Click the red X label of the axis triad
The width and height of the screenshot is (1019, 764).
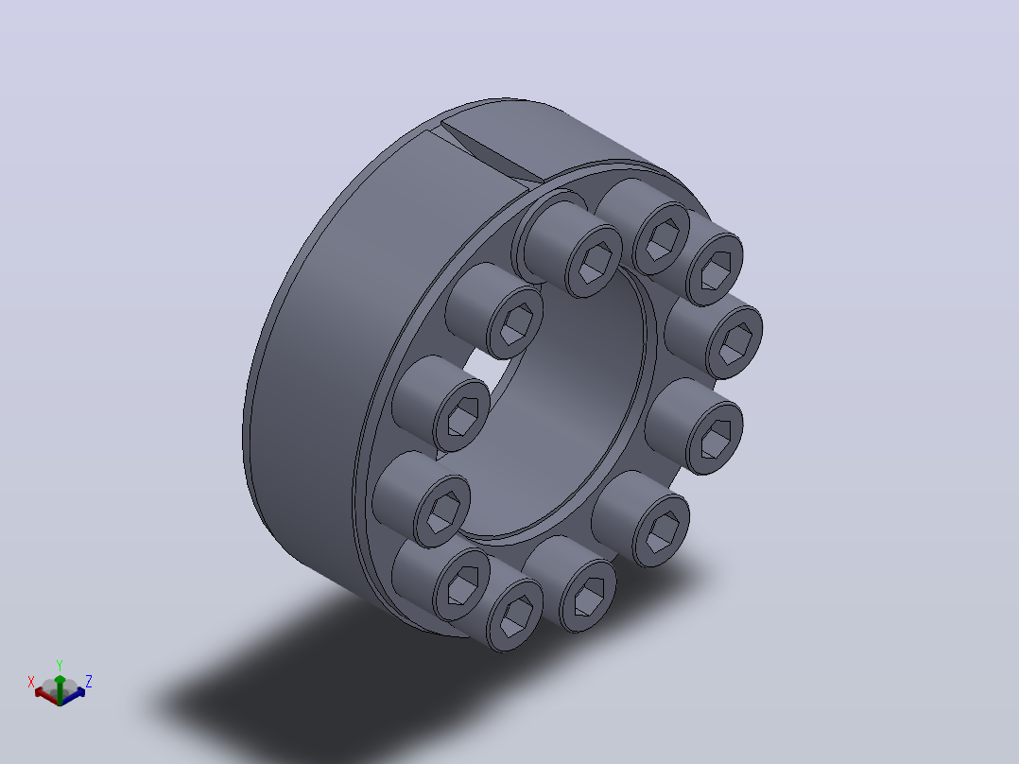30,682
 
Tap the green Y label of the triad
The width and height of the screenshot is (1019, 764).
60,666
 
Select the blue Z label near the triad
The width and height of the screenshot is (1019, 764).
89,681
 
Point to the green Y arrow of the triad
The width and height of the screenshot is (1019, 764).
60,689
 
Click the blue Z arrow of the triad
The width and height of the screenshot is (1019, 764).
74,693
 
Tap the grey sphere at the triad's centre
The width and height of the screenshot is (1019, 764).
60,688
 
